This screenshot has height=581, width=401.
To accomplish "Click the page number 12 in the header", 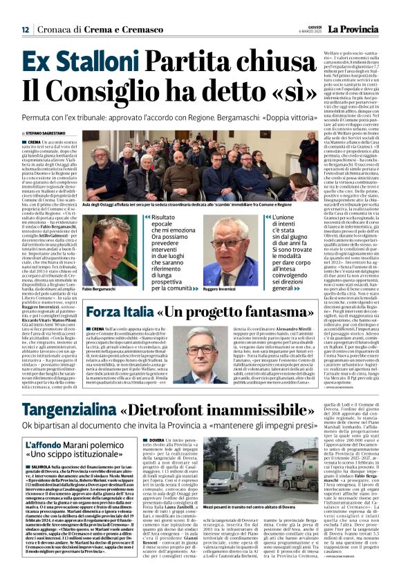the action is (24, 30).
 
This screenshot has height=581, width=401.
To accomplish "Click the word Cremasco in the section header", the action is (138, 30).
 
